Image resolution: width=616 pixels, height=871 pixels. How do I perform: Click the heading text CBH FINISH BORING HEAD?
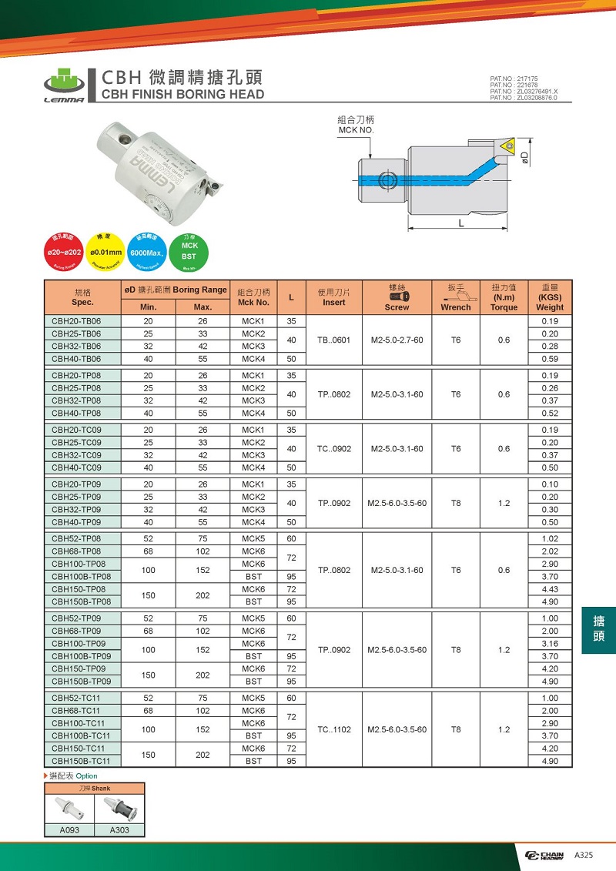183,95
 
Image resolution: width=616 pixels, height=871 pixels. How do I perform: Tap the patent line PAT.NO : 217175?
514,79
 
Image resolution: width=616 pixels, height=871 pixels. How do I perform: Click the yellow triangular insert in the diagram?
507,145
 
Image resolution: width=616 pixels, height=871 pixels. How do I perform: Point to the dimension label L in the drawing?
460,223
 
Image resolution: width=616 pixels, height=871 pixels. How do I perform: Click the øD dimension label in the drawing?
524,157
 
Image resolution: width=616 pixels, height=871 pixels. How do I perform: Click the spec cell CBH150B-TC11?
82,761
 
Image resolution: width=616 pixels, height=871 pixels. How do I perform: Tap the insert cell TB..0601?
334,340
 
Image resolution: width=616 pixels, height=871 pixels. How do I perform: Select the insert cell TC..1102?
334,729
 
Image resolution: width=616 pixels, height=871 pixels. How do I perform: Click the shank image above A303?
119,809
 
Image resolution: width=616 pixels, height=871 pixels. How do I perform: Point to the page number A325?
582,856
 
